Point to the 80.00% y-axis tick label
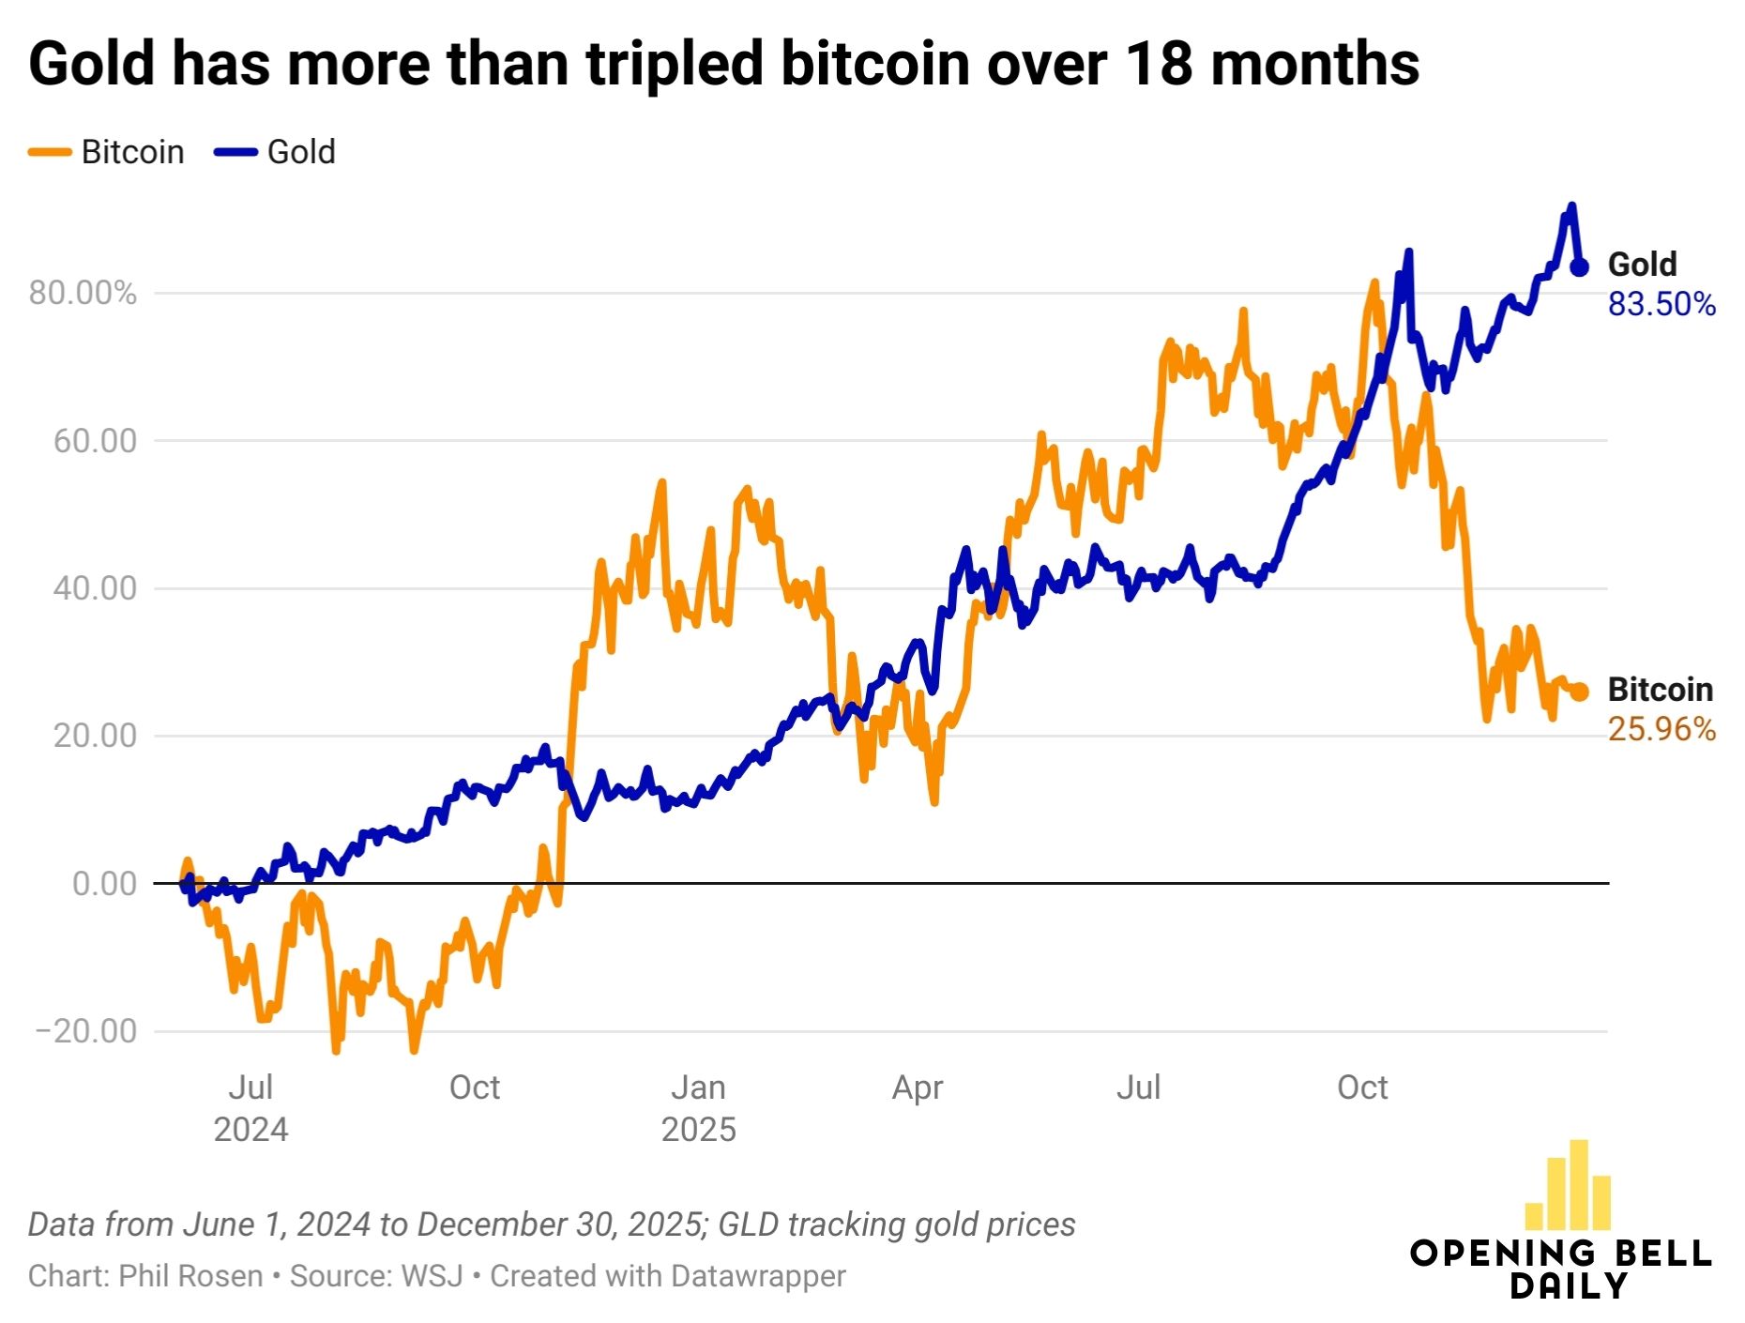click(83, 294)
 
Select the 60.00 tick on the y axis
click(95, 441)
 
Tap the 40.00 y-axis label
click(95, 588)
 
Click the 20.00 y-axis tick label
click(95, 736)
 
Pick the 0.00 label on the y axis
click(104, 884)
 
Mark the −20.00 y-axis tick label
click(86, 1031)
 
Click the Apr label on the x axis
click(918, 1087)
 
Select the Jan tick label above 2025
click(698, 1087)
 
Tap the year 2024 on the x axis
click(250, 1129)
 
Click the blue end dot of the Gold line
click(1580, 267)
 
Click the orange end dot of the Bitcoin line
click(1580, 692)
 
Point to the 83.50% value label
click(1662, 305)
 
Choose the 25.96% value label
click(1662, 730)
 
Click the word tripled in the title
click(674, 64)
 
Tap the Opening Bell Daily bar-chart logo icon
click(1569, 1186)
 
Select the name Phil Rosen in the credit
click(190, 1276)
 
